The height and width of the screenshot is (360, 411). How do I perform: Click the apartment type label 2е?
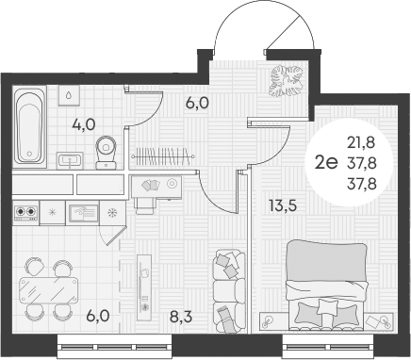pos(326,161)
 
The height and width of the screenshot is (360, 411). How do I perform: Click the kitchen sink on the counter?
pos(83,213)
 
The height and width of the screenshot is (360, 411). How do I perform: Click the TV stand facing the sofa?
pos(144,283)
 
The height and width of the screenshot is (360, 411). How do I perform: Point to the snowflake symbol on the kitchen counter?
pos(113,212)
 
